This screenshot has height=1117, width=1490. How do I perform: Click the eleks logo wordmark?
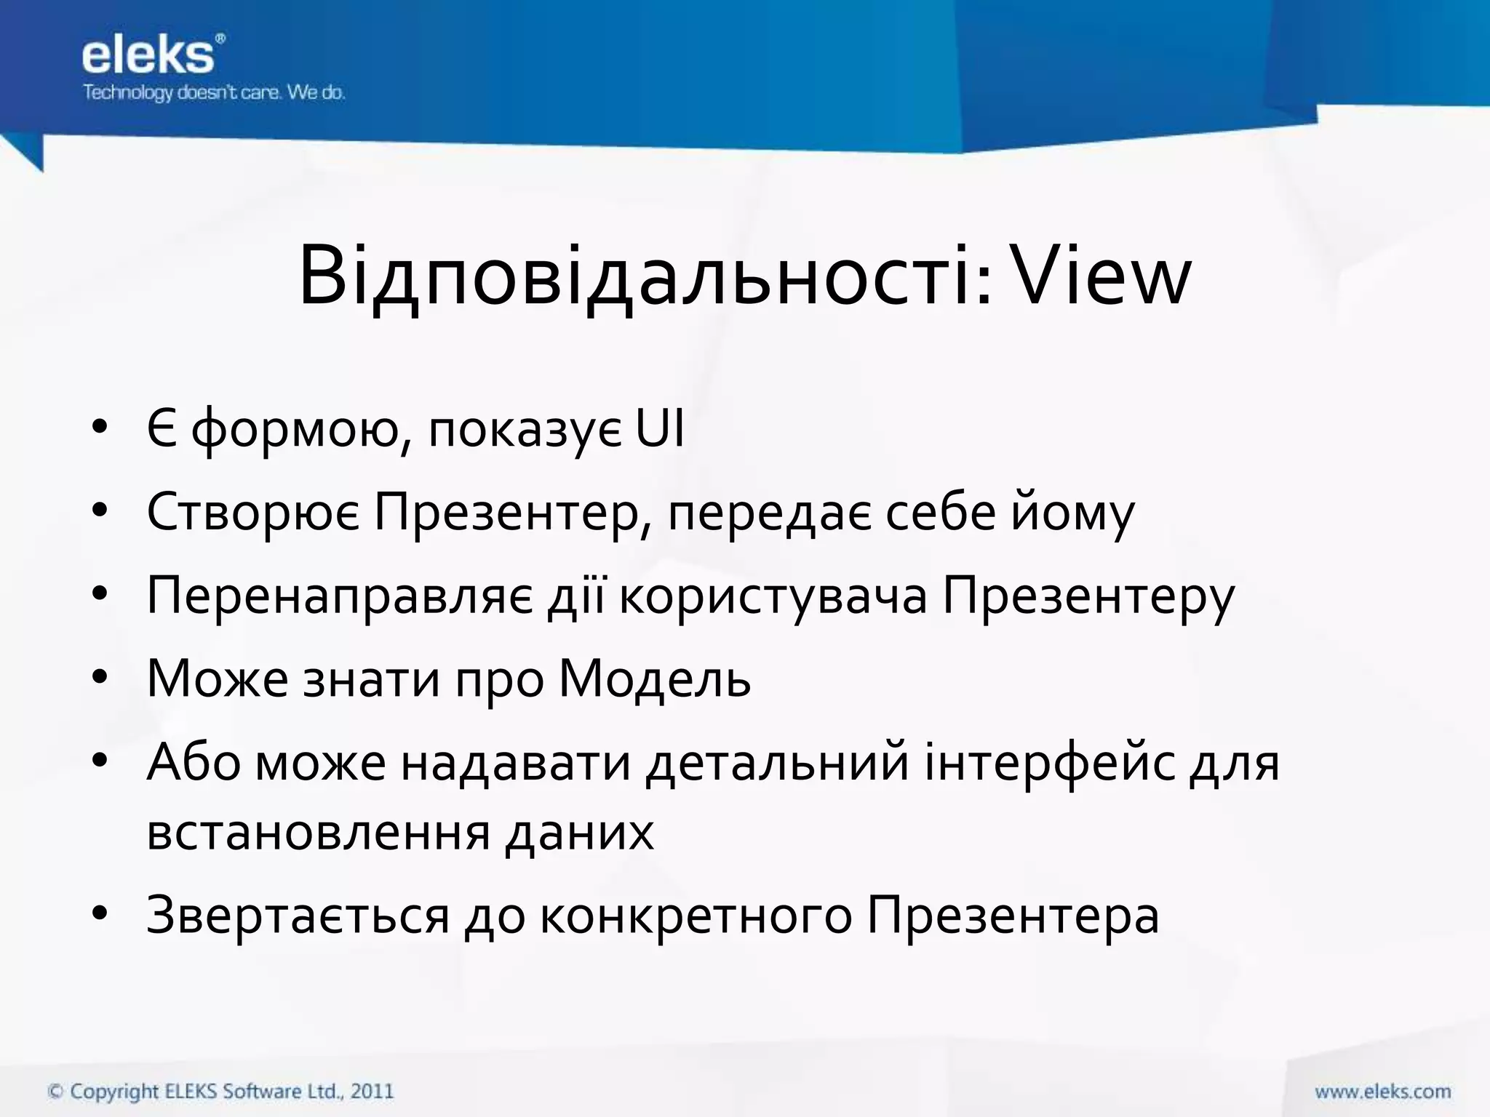pos(149,56)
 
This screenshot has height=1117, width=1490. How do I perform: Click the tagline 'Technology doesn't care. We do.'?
pos(214,93)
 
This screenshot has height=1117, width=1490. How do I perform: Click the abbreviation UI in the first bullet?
pos(660,429)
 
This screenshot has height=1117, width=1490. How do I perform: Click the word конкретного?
pos(696,916)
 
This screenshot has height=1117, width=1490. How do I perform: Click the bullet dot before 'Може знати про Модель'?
pos(100,678)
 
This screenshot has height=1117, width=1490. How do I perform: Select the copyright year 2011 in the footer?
pos(372,1091)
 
